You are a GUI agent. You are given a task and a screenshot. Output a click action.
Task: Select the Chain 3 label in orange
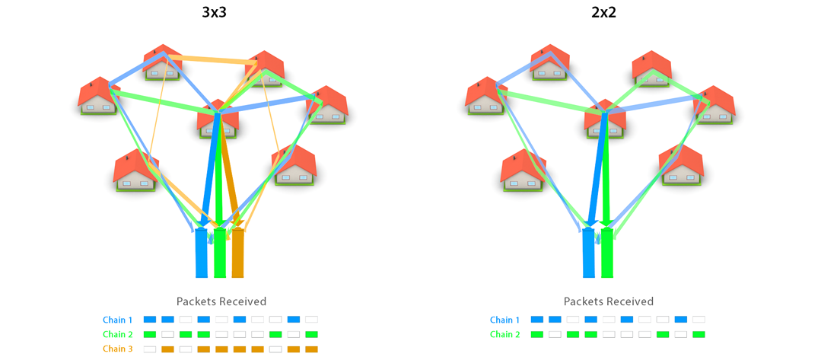(118, 349)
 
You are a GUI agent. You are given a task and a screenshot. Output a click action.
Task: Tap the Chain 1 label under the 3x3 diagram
(118, 320)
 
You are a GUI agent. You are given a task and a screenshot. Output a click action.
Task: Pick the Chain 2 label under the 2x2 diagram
(505, 334)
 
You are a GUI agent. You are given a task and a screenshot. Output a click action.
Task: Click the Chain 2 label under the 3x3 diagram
(118, 334)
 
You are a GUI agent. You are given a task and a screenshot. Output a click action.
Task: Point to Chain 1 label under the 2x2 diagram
(505, 320)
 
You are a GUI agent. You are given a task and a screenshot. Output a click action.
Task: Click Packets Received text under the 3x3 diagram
(221, 301)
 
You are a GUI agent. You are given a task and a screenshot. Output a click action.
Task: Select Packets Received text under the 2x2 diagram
(609, 301)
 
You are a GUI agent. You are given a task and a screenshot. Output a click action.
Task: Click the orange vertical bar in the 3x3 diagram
(237, 253)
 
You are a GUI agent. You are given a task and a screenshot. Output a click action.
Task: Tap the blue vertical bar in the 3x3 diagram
(201, 253)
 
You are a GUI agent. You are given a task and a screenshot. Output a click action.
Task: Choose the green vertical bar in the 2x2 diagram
(606, 253)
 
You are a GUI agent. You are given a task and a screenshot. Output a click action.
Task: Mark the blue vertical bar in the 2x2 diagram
(588, 253)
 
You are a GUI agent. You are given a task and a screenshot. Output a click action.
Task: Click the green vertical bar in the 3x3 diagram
(220, 253)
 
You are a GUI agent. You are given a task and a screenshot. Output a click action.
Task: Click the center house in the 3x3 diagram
(218, 120)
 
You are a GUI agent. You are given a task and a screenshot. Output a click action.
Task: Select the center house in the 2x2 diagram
(605, 120)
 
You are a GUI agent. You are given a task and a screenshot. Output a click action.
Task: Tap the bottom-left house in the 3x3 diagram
(135, 170)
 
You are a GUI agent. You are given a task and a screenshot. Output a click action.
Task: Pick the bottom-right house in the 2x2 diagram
(681, 165)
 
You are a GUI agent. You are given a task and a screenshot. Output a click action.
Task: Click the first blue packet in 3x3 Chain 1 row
(149, 320)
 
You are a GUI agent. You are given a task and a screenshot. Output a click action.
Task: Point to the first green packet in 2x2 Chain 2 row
(536, 334)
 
